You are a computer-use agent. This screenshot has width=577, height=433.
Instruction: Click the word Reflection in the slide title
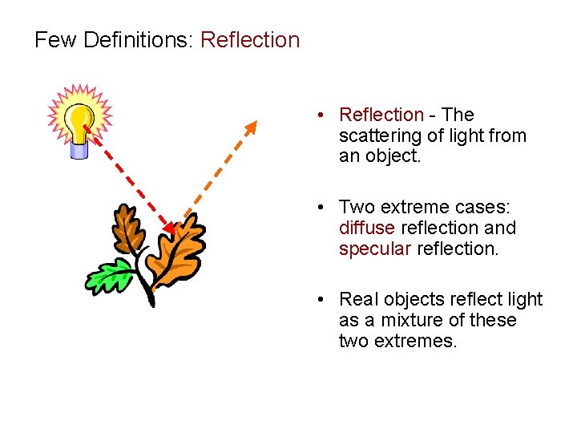250,40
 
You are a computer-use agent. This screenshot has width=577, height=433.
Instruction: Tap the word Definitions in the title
132,40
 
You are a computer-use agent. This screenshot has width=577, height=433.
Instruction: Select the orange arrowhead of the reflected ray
252,127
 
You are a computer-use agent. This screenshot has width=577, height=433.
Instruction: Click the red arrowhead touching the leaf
168,229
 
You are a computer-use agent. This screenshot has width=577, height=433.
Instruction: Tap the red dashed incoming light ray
128,180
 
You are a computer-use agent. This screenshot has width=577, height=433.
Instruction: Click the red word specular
374,249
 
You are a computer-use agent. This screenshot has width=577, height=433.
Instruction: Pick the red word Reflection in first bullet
381,115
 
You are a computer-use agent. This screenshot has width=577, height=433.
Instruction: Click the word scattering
378,136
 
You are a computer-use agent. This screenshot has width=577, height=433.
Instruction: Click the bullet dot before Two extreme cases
320,208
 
